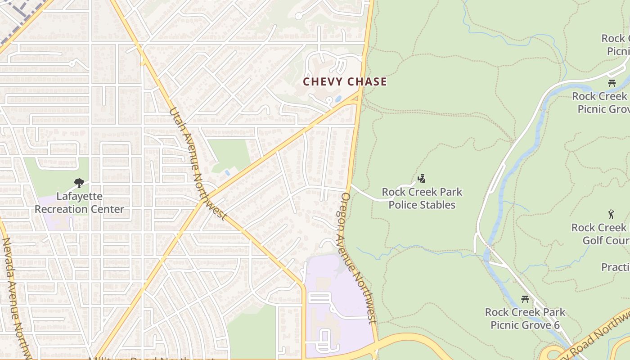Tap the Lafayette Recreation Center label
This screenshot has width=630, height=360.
click(79, 203)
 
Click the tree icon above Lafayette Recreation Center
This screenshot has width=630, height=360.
click(79, 183)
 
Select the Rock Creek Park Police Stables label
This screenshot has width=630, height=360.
click(422, 198)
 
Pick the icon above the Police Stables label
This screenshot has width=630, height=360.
click(421, 179)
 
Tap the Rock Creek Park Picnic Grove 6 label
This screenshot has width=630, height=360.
click(525, 319)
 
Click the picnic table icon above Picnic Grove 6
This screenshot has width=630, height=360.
click(525, 299)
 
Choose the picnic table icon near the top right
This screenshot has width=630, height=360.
click(612, 83)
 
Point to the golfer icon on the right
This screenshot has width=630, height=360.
click(611, 214)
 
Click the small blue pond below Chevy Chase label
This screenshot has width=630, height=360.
click(338, 98)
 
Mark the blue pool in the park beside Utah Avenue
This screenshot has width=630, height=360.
click(227, 172)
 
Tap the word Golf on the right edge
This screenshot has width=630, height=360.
click(594, 241)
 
